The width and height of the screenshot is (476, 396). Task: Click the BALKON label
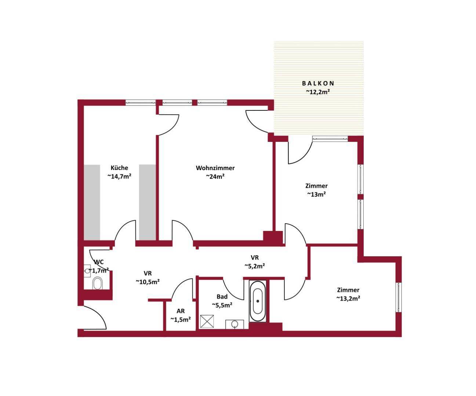click(x=318, y=83)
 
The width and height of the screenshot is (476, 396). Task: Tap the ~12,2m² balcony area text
click(x=318, y=92)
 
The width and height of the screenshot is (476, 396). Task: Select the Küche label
click(x=119, y=168)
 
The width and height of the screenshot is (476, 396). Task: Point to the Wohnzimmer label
click(x=215, y=168)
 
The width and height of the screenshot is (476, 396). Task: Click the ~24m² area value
click(x=215, y=176)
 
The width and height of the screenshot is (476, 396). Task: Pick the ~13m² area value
click(x=316, y=194)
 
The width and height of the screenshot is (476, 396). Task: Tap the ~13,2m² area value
click(x=348, y=298)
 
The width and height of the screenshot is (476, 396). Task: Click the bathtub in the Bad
click(x=258, y=301)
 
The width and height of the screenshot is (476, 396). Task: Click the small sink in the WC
click(x=87, y=271)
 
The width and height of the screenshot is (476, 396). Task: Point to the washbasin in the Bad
click(x=235, y=324)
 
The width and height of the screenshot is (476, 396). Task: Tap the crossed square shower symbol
click(x=207, y=321)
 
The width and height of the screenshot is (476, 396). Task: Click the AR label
click(x=181, y=311)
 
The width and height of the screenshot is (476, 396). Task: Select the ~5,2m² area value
click(x=255, y=266)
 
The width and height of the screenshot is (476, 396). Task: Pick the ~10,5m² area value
click(x=148, y=282)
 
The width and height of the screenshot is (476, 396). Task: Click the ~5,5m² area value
click(x=222, y=305)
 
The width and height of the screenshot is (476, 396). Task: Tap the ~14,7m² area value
click(x=119, y=176)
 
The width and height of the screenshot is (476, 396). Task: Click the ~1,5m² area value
click(x=181, y=319)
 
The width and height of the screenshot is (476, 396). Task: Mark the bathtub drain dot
click(x=258, y=301)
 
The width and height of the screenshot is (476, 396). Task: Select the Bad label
click(x=222, y=297)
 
